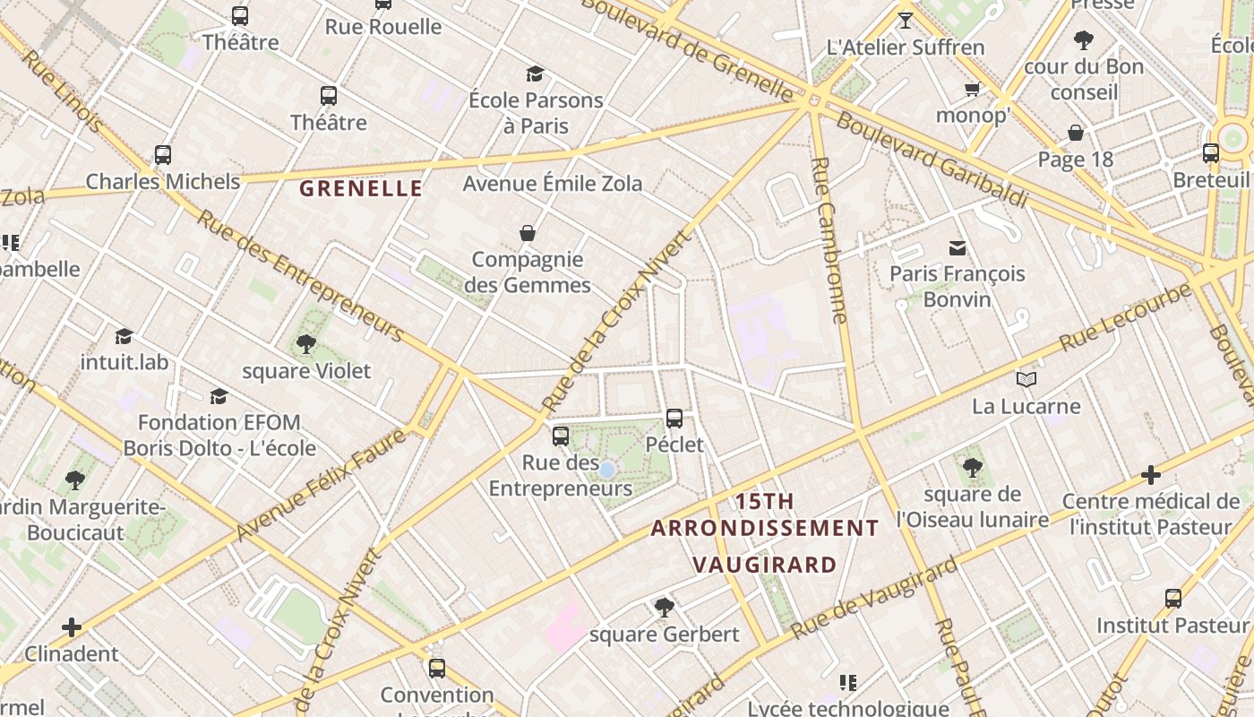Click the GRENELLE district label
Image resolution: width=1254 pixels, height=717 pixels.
(x=360, y=188)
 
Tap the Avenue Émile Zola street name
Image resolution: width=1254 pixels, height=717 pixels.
(x=552, y=184)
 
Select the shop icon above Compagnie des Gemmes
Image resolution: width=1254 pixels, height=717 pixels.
(x=528, y=233)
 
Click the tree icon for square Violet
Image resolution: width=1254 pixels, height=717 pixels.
(x=306, y=343)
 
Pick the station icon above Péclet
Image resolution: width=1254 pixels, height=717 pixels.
(x=674, y=418)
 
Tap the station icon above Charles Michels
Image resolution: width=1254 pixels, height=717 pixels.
(x=162, y=154)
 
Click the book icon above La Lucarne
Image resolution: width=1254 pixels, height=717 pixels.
(x=1026, y=379)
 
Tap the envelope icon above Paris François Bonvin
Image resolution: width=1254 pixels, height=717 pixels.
(x=958, y=247)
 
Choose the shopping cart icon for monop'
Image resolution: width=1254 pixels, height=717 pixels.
(x=972, y=89)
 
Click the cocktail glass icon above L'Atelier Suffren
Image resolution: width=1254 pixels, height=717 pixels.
(x=906, y=20)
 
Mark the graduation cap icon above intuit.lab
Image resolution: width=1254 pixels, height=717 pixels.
(x=125, y=336)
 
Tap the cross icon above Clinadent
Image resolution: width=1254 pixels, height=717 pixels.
(x=72, y=626)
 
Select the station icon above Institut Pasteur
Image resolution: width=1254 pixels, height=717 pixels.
(x=1172, y=598)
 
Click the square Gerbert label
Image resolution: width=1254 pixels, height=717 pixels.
(x=665, y=635)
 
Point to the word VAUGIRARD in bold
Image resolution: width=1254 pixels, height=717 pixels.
(x=765, y=565)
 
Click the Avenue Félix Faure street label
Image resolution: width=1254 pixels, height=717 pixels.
(x=321, y=485)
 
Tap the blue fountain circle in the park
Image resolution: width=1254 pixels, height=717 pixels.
(x=606, y=470)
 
